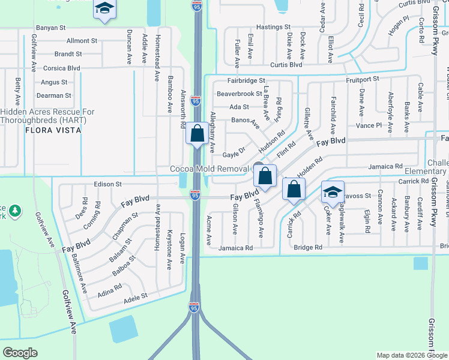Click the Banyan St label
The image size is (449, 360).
click(x=50, y=28)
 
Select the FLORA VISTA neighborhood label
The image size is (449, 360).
click(x=48, y=129)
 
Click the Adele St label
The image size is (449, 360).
click(x=135, y=297)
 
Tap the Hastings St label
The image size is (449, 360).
click(x=273, y=28)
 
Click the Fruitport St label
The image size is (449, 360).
click(x=362, y=79)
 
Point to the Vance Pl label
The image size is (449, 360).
click(x=369, y=125)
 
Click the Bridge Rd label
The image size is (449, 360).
click(x=308, y=247)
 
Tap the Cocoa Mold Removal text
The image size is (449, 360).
click(x=209, y=170)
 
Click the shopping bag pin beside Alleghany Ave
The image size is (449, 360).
click(x=197, y=134)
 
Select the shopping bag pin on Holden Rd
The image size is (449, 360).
click(x=294, y=190)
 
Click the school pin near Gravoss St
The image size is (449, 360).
click(x=332, y=192)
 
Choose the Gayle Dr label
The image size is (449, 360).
click(x=234, y=154)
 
